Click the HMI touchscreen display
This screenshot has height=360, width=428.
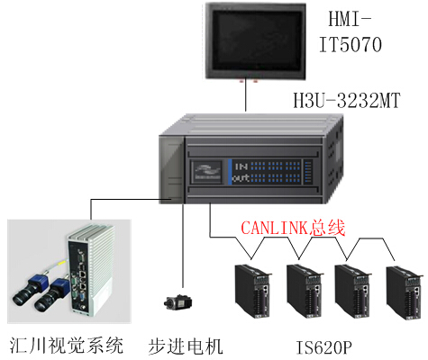tap(256, 41)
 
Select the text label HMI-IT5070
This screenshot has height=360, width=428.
tap(351, 31)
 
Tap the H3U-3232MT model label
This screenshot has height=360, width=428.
tap(347, 100)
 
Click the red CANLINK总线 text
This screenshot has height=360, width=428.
tap(293, 228)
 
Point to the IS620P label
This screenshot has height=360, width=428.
tap(323, 347)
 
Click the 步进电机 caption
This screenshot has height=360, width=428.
tap(186, 346)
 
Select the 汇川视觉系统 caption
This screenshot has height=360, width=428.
tap(67, 346)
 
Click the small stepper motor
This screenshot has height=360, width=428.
tap(178, 302)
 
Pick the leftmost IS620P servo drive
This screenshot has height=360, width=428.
tap(253, 291)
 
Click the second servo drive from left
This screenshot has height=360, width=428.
tap(305, 291)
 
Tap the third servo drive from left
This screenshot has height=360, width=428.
tap(353, 291)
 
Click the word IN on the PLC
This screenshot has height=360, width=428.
tap(241, 166)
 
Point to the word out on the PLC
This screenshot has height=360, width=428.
tap(241, 178)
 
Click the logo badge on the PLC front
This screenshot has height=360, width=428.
tap(206, 172)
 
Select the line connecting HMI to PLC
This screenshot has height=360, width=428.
tap(246, 94)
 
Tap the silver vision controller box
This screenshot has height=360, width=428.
tap(90, 270)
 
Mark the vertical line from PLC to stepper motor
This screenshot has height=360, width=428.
tap(182, 246)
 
